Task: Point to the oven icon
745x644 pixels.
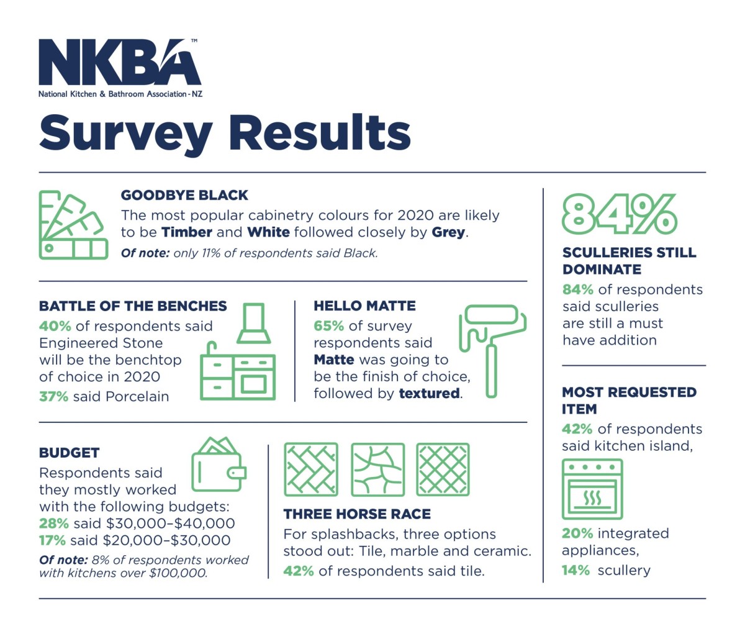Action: click(592, 489)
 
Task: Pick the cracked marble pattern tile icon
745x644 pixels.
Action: click(377, 469)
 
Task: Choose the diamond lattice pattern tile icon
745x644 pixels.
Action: click(443, 469)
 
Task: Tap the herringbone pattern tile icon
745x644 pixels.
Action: click(310, 469)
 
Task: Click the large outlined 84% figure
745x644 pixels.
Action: click(619, 214)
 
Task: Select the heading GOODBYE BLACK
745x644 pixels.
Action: click(184, 195)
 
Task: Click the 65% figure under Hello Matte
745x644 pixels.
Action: click(328, 326)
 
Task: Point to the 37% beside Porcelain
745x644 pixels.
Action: click(53, 396)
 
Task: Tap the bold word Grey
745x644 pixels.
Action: click(448, 232)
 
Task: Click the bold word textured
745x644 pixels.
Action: click(430, 393)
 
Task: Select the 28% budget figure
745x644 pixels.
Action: click(53, 524)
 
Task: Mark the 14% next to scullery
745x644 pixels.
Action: click(576, 570)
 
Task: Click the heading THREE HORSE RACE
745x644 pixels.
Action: click(357, 514)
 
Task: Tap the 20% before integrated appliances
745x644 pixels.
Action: click(577, 533)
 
